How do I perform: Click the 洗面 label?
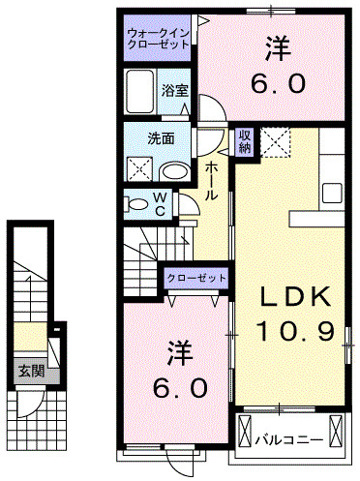pyautogui.click(x=161, y=138)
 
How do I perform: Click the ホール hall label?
pyautogui.click(x=212, y=181)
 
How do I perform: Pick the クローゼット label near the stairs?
pyautogui.click(x=195, y=279)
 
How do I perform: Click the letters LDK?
pyautogui.click(x=295, y=295)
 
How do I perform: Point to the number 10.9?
pyautogui.click(x=295, y=331)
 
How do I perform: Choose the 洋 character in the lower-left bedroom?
pyautogui.click(x=178, y=348)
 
